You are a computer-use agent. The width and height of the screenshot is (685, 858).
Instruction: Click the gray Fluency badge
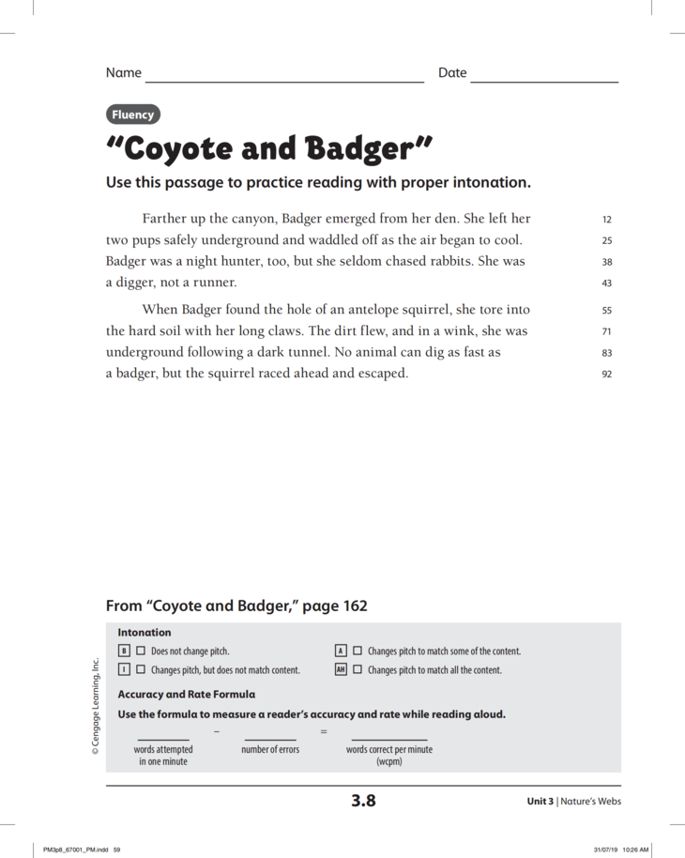coord(133,115)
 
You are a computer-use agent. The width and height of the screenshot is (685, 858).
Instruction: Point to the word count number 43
coord(606,283)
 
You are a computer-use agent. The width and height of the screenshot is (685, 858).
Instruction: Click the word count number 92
coord(606,374)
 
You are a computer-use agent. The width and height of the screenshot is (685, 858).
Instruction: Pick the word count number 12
coord(606,220)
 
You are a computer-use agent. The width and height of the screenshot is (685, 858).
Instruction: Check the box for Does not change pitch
coord(141,651)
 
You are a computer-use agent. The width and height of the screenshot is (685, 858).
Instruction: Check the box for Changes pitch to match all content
coord(358,670)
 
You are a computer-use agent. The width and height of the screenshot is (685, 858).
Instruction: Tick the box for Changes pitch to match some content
coord(358,651)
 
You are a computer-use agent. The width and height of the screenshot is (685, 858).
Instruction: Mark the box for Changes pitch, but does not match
coord(141,670)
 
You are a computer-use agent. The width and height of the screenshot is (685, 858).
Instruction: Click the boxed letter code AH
coord(342,670)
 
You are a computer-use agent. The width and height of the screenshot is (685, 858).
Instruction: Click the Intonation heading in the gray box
coord(145,633)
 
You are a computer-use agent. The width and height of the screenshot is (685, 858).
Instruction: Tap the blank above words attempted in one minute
coord(163,739)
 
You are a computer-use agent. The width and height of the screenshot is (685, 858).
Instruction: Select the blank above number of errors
coord(270,739)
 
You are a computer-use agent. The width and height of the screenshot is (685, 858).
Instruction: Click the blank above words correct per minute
coord(388,739)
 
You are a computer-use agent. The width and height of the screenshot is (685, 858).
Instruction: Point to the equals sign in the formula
coord(324,731)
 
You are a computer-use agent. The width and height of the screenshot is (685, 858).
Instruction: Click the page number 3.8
coord(363,801)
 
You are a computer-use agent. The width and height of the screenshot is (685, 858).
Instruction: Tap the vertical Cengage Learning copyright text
coord(96,705)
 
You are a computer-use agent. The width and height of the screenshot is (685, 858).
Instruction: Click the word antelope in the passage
coord(361,310)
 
